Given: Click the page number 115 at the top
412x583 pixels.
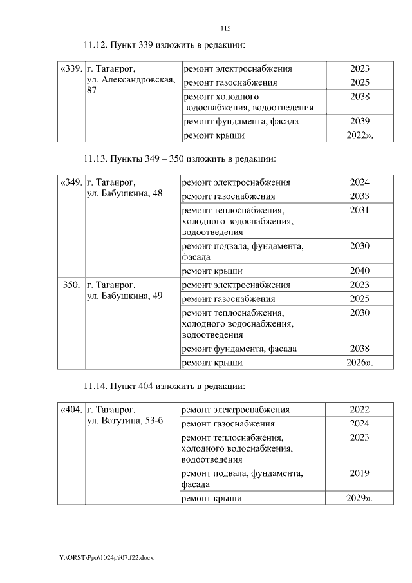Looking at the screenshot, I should tap(225, 28).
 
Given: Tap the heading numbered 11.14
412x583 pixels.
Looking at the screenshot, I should tap(165, 386).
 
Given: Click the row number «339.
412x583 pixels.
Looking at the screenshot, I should tap(71, 68).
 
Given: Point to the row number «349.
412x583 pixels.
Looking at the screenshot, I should tap(71, 182).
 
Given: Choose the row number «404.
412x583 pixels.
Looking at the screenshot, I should tap(71, 410).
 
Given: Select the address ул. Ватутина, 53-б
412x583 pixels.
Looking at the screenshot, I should tap(126, 421).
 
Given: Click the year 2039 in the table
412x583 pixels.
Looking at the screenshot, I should tap(360, 121).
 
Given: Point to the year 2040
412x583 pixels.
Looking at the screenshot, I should tap(360, 271).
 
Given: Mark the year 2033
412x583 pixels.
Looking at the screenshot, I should tap(360, 196).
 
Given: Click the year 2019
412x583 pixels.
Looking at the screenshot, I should tap(360, 473).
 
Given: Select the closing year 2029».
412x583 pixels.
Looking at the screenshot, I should tap(360, 499).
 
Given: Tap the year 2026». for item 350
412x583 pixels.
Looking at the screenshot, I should tap(360, 363).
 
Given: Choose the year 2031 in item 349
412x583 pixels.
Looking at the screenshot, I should tap(360, 210).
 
